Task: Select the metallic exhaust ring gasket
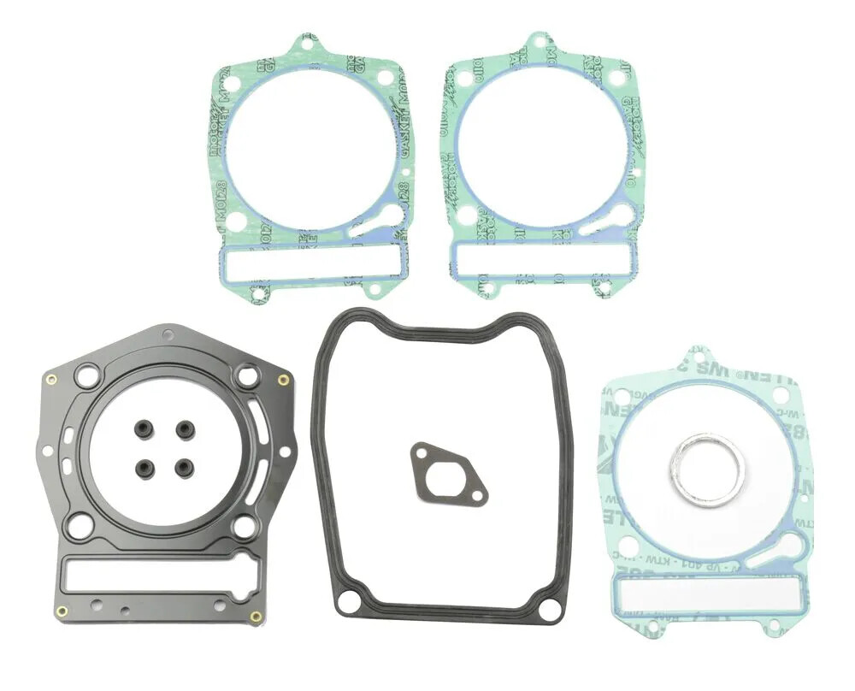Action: pos(706,469)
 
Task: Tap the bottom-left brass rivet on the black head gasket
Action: pos(61,611)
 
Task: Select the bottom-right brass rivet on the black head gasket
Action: pos(255,616)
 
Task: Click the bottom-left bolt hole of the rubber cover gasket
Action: pos(347,603)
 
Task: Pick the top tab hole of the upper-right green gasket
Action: pos(539,44)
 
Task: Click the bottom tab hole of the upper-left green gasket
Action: pos(256,295)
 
